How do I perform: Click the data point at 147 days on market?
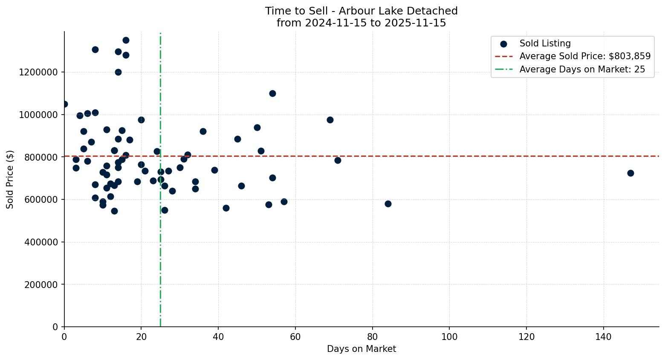coord(630,173)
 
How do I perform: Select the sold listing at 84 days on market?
coord(388,204)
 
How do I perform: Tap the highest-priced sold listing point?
coord(126,40)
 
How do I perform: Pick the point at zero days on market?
coord(64,104)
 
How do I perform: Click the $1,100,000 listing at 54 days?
coord(272,93)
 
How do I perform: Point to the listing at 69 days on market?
coord(330,120)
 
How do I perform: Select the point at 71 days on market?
coord(338,160)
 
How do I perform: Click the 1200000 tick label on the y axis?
coord(38,72)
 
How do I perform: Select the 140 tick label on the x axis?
coord(603,337)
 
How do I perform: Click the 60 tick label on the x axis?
coord(295,337)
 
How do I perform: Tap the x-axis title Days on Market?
coord(361,349)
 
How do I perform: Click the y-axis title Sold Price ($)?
coord(10,179)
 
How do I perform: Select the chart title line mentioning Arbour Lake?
coord(361,11)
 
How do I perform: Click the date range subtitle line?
coord(361,23)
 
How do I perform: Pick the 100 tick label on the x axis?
coord(449,337)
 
